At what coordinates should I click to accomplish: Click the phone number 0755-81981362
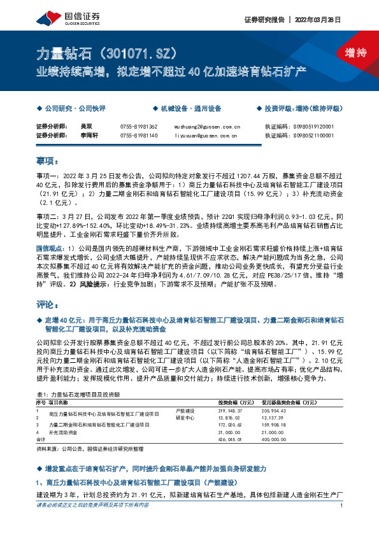[138, 127]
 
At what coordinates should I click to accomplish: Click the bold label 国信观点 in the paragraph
[50, 245]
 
